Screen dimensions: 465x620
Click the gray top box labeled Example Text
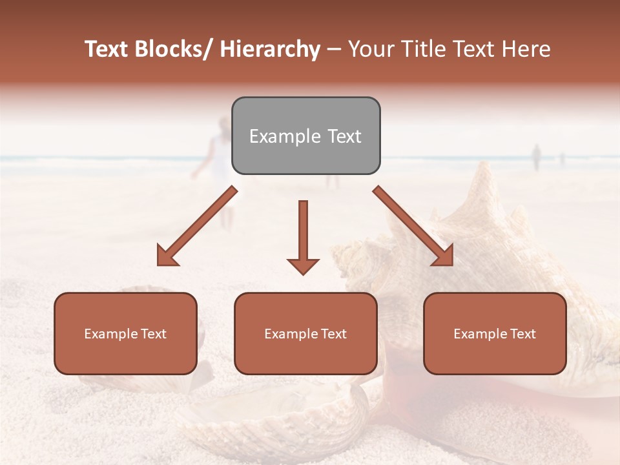click(x=305, y=136)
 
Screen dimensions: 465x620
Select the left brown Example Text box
click(x=125, y=333)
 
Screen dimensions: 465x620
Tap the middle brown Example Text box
click(x=305, y=333)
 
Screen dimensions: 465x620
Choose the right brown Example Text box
click(x=495, y=333)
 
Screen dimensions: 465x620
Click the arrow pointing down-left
click(x=197, y=226)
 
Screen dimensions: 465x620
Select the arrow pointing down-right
click(x=413, y=226)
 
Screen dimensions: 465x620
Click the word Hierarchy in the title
click(x=270, y=50)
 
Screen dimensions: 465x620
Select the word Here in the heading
click(x=526, y=50)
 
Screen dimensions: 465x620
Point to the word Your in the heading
click(x=371, y=50)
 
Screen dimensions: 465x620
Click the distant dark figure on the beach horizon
click(x=535, y=157)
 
